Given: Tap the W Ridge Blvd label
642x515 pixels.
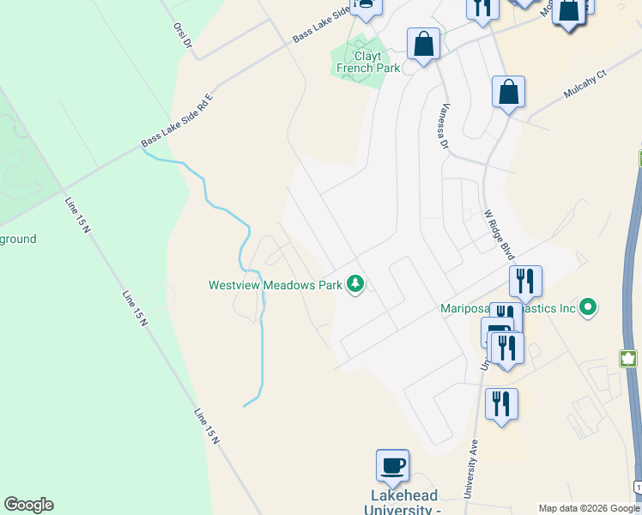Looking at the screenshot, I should tap(499, 234).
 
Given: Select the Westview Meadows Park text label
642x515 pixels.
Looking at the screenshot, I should tap(275, 284).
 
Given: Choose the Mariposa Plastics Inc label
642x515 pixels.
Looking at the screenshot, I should tap(506, 308).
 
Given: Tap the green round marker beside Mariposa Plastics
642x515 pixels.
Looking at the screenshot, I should tap(588, 306).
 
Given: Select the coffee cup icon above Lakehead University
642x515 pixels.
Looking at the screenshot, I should tap(393, 466).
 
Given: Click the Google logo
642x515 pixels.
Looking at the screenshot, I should tap(28, 505).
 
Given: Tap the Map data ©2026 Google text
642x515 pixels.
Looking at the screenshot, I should tap(589, 508).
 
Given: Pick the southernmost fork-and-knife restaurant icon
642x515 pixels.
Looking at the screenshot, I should tap(501, 403).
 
